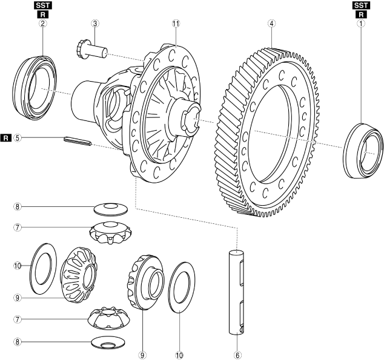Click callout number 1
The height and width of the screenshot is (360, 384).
click(362, 25)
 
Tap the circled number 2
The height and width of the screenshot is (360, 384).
click(43, 25)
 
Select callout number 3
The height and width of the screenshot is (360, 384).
click(95, 25)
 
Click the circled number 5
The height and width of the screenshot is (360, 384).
click(18, 137)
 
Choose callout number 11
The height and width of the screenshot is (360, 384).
click(176, 25)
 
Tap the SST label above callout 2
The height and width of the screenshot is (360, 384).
click(43, 5)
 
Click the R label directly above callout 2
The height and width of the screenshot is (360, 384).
click(43, 15)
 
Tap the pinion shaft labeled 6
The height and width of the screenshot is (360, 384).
click(237, 290)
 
